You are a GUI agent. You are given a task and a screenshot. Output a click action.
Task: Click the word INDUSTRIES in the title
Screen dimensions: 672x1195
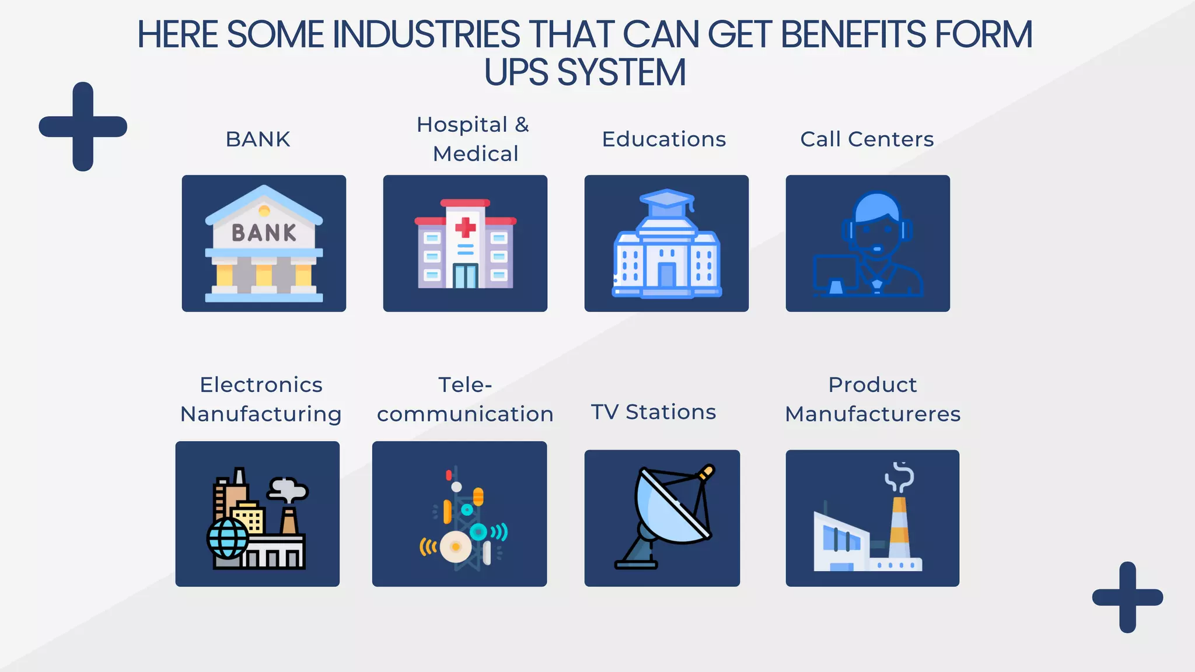click(426, 34)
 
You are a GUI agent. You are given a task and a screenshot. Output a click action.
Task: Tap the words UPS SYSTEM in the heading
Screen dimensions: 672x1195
click(585, 73)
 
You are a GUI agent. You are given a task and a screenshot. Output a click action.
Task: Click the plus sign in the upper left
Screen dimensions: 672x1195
click(83, 127)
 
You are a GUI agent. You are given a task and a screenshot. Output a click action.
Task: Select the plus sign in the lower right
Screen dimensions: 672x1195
click(1127, 597)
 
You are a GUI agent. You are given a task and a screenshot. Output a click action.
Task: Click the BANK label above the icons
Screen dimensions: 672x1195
click(258, 139)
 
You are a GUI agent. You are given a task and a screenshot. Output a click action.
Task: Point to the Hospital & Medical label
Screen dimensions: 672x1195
click(473, 139)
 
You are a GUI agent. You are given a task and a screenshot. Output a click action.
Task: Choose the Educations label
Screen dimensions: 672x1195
click(664, 139)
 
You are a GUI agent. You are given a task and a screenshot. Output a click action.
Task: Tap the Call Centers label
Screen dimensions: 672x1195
click(867, 139)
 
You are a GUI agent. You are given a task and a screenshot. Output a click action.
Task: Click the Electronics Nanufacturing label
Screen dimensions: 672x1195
click(261, 399)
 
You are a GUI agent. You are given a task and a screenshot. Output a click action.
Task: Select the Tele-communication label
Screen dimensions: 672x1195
click(465, 399)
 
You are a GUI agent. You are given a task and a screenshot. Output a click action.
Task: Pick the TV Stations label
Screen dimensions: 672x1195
click(654, 412)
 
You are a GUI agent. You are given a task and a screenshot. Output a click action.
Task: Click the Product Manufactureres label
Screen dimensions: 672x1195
click(873, 399)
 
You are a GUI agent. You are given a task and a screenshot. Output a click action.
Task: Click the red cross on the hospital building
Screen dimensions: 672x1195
click(465, 227)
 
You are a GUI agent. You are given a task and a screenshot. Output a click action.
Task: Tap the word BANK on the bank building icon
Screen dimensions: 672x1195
click(264, 233)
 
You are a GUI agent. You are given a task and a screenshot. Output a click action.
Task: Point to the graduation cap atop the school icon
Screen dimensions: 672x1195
click(667, 199)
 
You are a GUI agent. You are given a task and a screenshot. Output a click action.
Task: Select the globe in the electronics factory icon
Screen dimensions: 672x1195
click(228, 538)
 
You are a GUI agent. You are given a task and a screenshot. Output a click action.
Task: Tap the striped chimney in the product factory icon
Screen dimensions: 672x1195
click(899, 528)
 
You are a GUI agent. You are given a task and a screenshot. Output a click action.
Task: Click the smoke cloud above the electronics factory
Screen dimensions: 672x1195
click(287, 489)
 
